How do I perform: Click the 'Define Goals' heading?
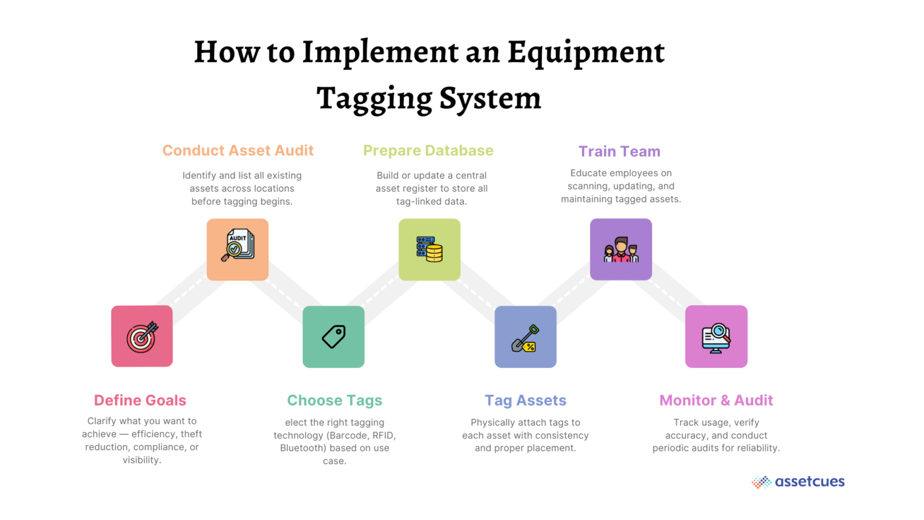coord(140,400)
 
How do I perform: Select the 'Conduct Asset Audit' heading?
coord(238,150)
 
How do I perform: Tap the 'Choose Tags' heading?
coord(334,400)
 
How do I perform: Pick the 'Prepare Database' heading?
coord(428,150)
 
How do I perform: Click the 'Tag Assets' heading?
coord(525,400)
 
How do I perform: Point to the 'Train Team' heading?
coord(619,151)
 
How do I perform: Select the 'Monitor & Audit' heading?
coord(716,400)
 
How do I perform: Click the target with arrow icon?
coord(142,336)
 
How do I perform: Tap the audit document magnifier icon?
coord(238,245)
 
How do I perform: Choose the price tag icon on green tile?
coord(334,337)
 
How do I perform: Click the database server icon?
coord(430,249)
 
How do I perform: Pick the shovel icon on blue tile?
coord(525,338)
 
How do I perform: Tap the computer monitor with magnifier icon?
coord(716,338)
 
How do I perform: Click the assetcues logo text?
coord(809,481)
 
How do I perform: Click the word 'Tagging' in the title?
coord(374,99)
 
